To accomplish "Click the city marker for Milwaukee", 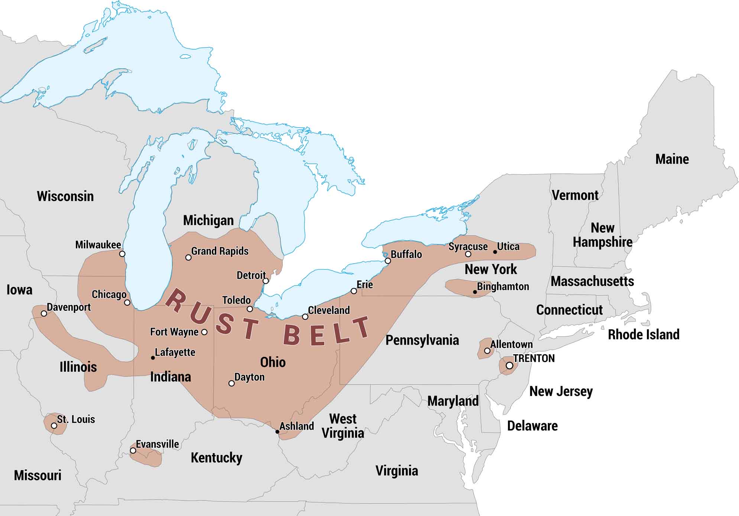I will coord(122,254).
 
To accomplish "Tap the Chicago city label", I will coord(109,294).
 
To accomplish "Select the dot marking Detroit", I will coord(266,281).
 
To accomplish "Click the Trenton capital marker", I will coord(509,366).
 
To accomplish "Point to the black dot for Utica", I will coord(495,252).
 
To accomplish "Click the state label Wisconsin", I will coord(65,196).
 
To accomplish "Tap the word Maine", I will coord(672,159).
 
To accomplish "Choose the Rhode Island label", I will coord(643,335).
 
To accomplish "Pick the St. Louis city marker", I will coord(54,426).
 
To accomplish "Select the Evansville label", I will coord(157,444).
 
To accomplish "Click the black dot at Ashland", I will coord(277,432).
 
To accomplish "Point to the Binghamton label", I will coord(503,287).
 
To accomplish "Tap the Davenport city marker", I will coord(44,314).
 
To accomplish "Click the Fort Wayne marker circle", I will coord(204,332).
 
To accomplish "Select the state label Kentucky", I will coord(216,458).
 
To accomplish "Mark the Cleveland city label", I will coord(329,310).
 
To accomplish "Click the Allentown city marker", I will coord(487,351).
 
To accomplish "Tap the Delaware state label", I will coord(532,426).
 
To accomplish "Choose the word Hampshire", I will coord(602,242).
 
